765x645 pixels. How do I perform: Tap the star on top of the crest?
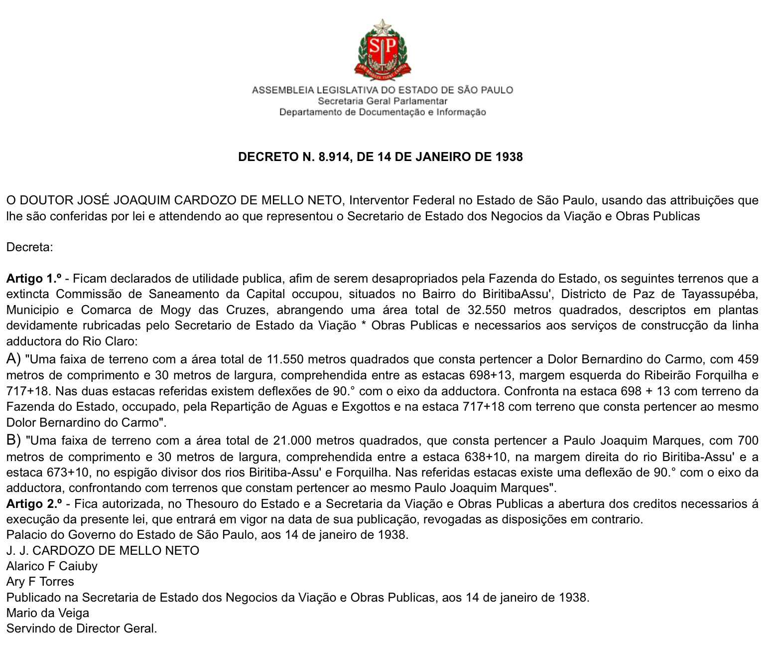coord(382,26)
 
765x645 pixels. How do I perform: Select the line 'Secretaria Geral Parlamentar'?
coord(382,101)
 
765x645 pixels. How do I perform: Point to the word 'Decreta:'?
coord(29,247)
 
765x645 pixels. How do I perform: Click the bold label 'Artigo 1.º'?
coord(34,279)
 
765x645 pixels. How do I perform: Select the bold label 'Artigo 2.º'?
coord(34,504)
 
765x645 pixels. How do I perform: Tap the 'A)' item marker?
coord(13,358)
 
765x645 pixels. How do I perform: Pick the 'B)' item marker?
coord(13,440)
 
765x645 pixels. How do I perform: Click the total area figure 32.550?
coord(487,310)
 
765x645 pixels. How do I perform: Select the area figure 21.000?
coord(292,441)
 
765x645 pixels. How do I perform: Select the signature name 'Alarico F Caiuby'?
coord(52,566)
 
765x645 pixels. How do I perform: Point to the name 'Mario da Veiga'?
coord(48,613)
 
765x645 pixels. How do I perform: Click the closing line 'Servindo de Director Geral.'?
coord(82,629)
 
